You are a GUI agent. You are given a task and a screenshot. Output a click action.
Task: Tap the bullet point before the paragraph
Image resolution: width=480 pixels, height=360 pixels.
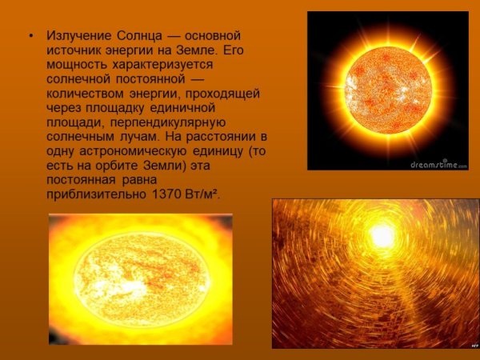point(30,37)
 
